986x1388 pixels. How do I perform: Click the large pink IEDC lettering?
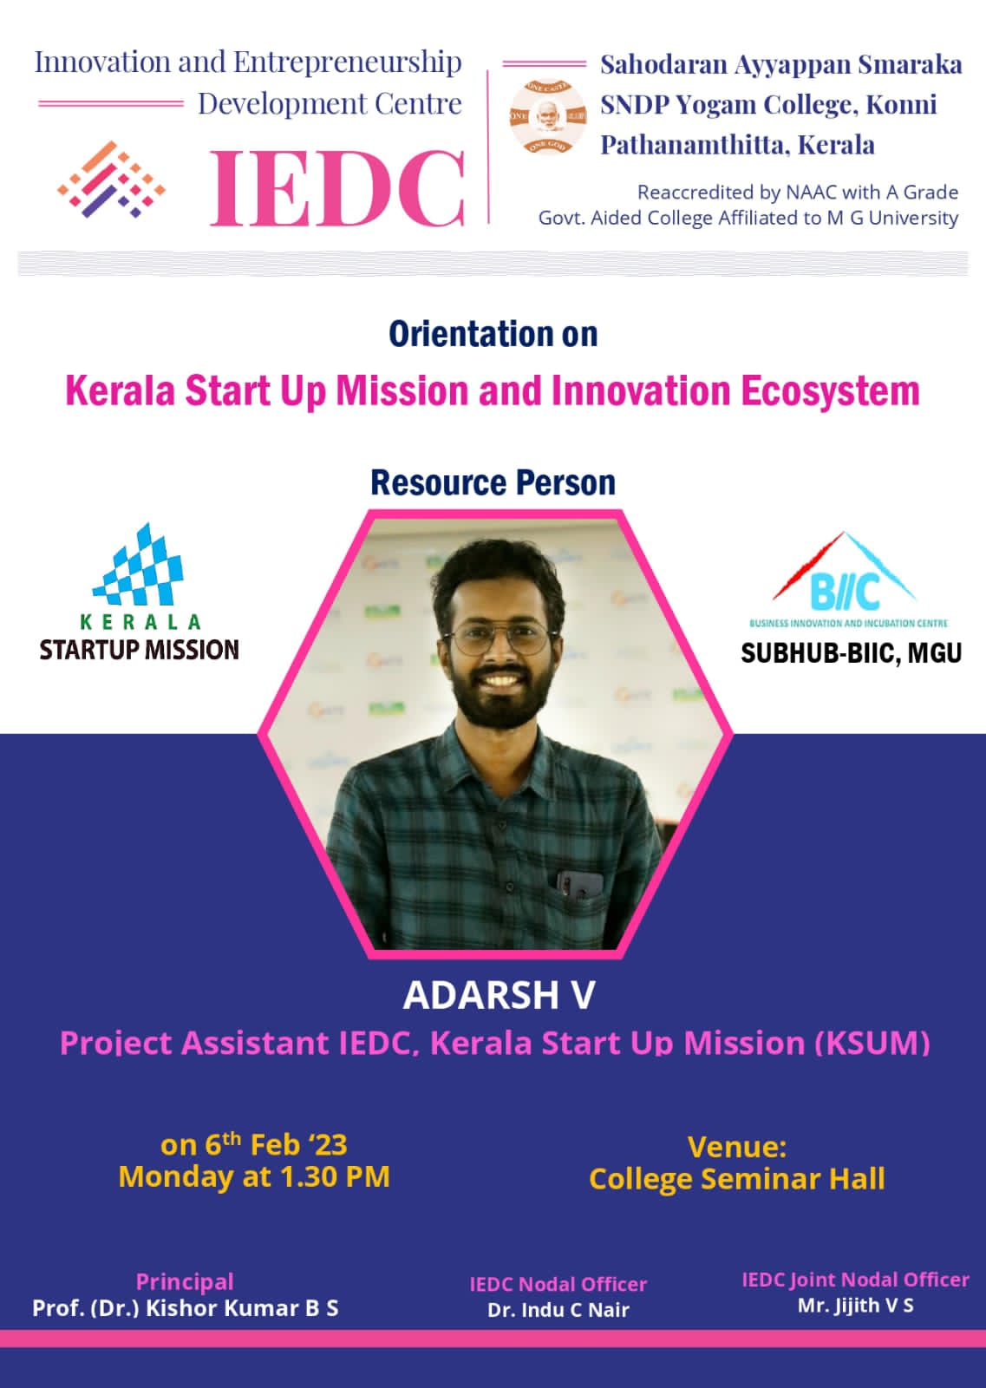(337, 188)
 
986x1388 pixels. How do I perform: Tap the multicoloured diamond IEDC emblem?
(112, 180)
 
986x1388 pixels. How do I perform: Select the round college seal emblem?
(547, 116)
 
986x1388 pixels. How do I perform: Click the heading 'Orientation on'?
(493, 335)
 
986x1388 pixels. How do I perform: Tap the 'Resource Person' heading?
(493, 482)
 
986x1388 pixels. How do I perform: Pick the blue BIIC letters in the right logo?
(845, 591)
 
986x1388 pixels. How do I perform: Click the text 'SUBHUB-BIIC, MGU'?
(851, 653)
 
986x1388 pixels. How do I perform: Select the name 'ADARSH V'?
(500, 995)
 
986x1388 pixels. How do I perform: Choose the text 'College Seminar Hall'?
(737, 1179)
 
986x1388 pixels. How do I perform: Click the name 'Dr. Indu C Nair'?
(558, 1309)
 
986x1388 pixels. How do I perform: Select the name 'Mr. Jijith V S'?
(855, 1305)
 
